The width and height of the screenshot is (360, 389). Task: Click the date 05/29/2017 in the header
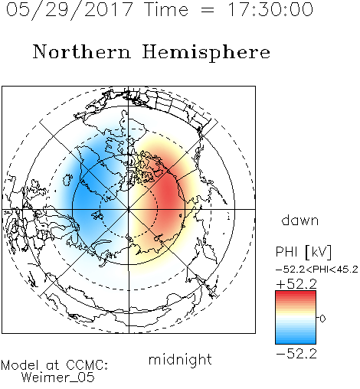[x=70, y=10]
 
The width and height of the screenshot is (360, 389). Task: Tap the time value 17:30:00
[x=270, y=9]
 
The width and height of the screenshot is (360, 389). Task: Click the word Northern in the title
[x=82, y=51]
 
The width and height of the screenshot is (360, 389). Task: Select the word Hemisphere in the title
[x=206, y=53]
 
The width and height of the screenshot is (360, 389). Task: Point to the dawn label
[x=300, y=220]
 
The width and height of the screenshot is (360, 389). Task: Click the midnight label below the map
[x=180, y=360]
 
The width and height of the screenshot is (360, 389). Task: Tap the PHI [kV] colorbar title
[x=303, y=252]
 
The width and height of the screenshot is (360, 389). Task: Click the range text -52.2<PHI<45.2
[x=317, y=270]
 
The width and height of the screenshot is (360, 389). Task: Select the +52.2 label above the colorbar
[x=296, y=284]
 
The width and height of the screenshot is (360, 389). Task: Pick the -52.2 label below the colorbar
[x=296, y=354]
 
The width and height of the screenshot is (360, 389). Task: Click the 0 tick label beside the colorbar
[x=322, y=319]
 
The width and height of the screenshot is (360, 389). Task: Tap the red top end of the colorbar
[x=296, y=293]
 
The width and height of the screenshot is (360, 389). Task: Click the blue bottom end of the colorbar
[x=296, y=342]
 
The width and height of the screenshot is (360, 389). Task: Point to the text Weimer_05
[x=58, y=378]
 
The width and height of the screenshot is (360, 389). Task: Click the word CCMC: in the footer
[x=87, y=365]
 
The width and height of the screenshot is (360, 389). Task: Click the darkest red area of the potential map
[x=167, y=193]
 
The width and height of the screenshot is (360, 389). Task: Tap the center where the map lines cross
[x=129, y=210]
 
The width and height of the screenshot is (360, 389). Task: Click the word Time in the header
[x=166, y=9]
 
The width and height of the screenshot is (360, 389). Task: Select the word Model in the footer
[x=20, y=365]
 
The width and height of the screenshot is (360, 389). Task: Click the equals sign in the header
[x=208, y=10]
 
